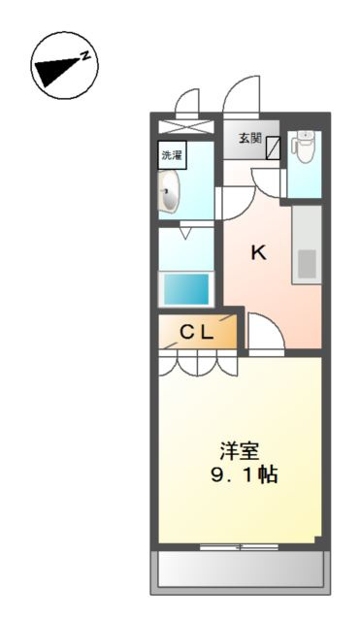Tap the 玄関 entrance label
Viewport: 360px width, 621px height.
tap(249, 138)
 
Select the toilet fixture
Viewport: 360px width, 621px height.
tap(305, 147)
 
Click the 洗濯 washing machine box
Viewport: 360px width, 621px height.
tap(173, 154)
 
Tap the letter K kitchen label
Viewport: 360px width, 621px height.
tap(258, 253)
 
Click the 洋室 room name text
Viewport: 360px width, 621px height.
tap(239, 451)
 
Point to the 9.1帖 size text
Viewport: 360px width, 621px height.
tap(239, 476)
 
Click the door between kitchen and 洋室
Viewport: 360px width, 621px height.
tap(264, 335)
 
